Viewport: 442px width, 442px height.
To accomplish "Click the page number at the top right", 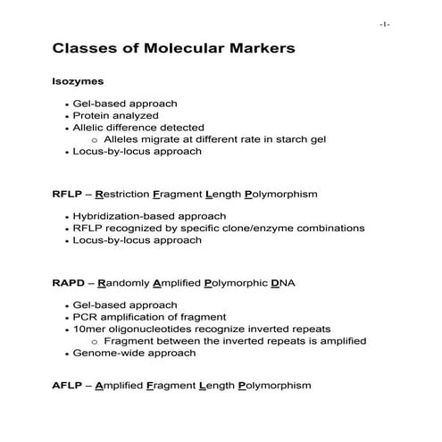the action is click(385, 24).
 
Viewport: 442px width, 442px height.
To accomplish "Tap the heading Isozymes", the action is click(79, 81).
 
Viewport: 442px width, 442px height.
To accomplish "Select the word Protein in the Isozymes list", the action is click(91, 115).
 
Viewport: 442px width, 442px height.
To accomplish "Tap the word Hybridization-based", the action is click(124, 216).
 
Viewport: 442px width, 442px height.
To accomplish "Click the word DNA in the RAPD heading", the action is click(282, 283).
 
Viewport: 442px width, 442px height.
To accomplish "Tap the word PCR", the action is click(83, 317).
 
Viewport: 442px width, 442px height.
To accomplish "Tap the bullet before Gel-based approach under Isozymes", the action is click(67, 104).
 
